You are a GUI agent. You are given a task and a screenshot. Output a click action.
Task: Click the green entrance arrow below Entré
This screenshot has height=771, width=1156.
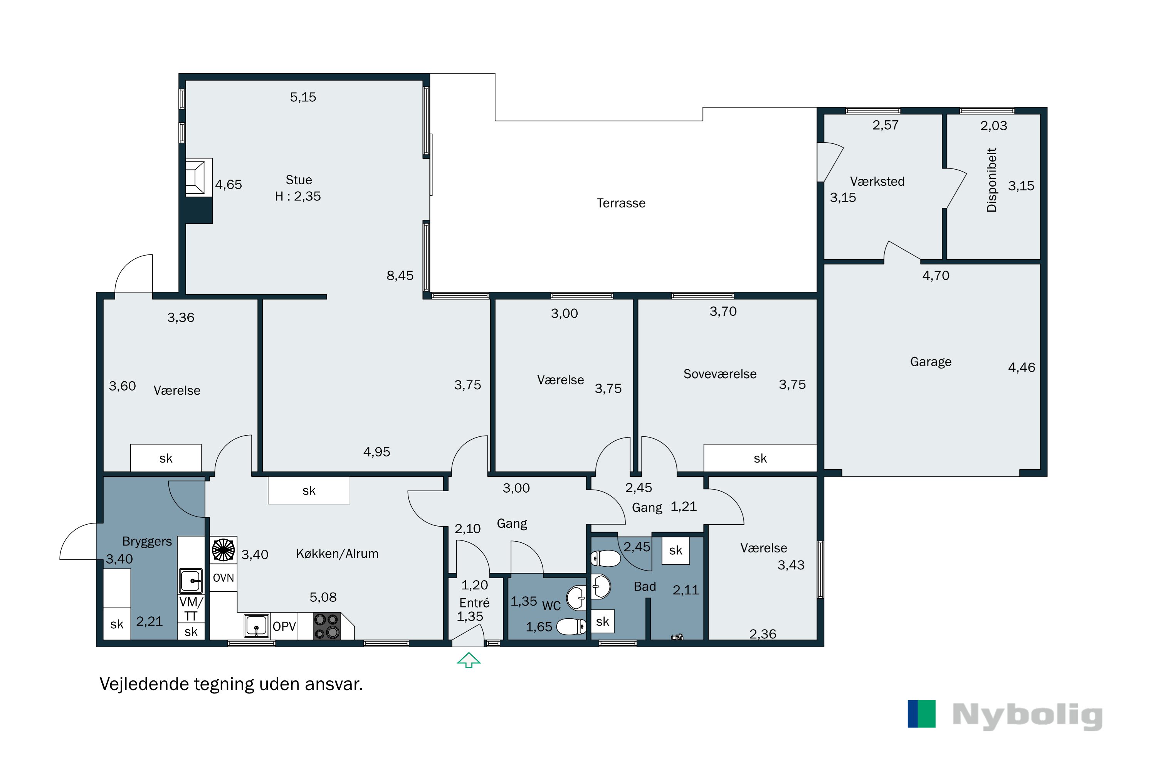click(x=469, y=660)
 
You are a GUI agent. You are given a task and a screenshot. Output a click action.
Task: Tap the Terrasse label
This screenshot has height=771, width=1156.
click(x=621, y=203)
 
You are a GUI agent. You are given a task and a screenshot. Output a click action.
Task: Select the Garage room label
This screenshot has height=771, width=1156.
click(x=931, y=362)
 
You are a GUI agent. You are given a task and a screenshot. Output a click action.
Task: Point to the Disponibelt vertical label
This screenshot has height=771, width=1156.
click(x=992, y=180)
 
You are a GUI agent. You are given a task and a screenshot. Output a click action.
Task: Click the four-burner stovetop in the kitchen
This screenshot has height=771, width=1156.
click(x=327, y=626)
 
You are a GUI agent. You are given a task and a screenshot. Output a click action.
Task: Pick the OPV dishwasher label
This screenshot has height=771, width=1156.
click(x=284, y=626)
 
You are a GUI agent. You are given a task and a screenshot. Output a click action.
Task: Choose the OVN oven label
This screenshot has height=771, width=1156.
click(x=223, y=578)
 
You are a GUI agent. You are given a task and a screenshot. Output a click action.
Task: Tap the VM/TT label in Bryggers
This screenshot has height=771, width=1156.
click(x=191, y=609)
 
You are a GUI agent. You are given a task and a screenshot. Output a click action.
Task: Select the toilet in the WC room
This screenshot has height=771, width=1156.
click(x=571, y=626)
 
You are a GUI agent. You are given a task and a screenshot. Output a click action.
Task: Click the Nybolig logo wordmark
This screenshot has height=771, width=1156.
click(x=1027, y=716)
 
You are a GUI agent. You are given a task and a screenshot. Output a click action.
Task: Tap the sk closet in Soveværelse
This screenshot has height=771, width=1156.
click(x=760, y=458)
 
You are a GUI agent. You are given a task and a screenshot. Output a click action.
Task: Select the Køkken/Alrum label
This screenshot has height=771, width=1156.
click(x=337, y=554)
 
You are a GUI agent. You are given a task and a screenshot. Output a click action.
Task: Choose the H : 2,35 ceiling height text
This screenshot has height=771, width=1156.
click(x=298, y=196)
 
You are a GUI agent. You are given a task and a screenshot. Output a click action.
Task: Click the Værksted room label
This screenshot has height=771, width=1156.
click(x=877, y=182)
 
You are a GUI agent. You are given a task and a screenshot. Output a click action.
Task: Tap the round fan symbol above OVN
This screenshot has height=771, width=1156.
click(x=223, y=550)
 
